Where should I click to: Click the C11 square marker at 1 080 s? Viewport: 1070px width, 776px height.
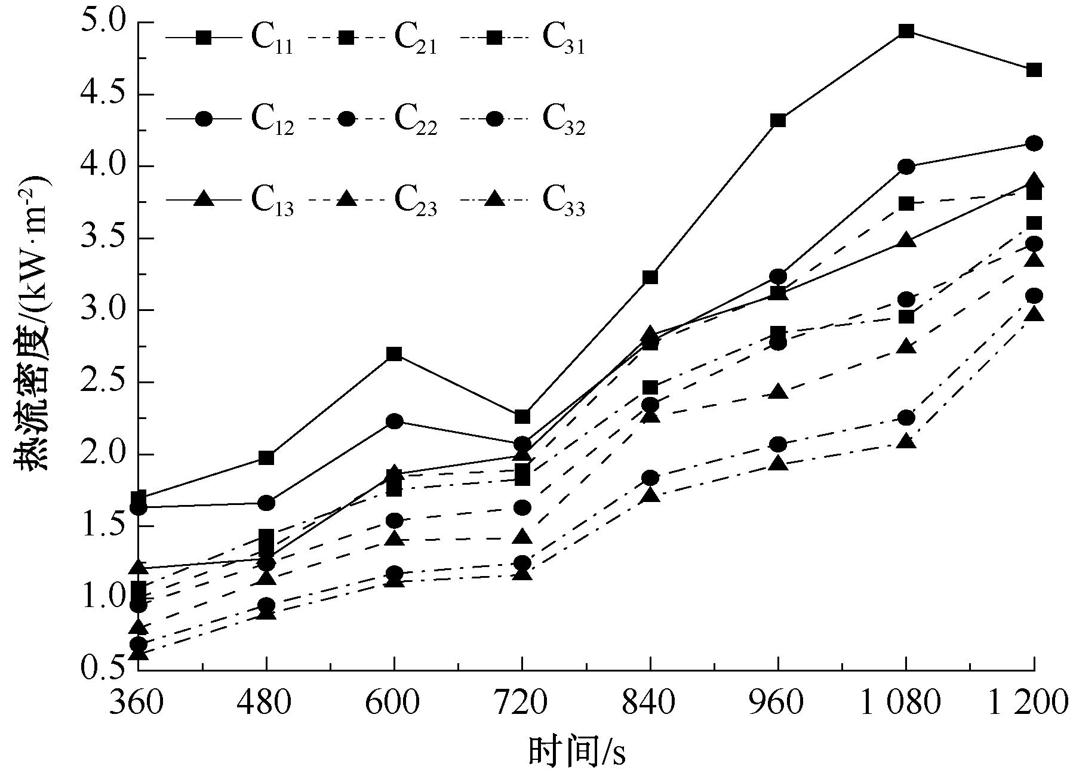pyautogui.click(x=906, y=31)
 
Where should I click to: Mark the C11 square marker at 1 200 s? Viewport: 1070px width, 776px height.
pyautogui.click(x=1034, y=70)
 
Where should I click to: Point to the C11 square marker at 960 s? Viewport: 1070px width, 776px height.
pyautogui.click(x=778, y=121)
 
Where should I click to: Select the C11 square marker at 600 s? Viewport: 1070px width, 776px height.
pyautogui.click(x=394, y=354)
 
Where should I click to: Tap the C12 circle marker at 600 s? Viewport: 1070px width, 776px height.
pyautogui.click(x=394, y=421)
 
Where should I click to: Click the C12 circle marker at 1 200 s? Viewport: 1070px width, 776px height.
pyautogui.click(x=1034, y=143)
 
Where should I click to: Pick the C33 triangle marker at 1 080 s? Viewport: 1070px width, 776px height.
pyautogui.click(x=906, y=442)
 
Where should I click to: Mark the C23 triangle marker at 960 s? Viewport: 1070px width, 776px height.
pyautogui.click(x=778, y=393)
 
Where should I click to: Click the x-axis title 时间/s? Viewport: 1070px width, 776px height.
pyautogui.click(x=577, y=752)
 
